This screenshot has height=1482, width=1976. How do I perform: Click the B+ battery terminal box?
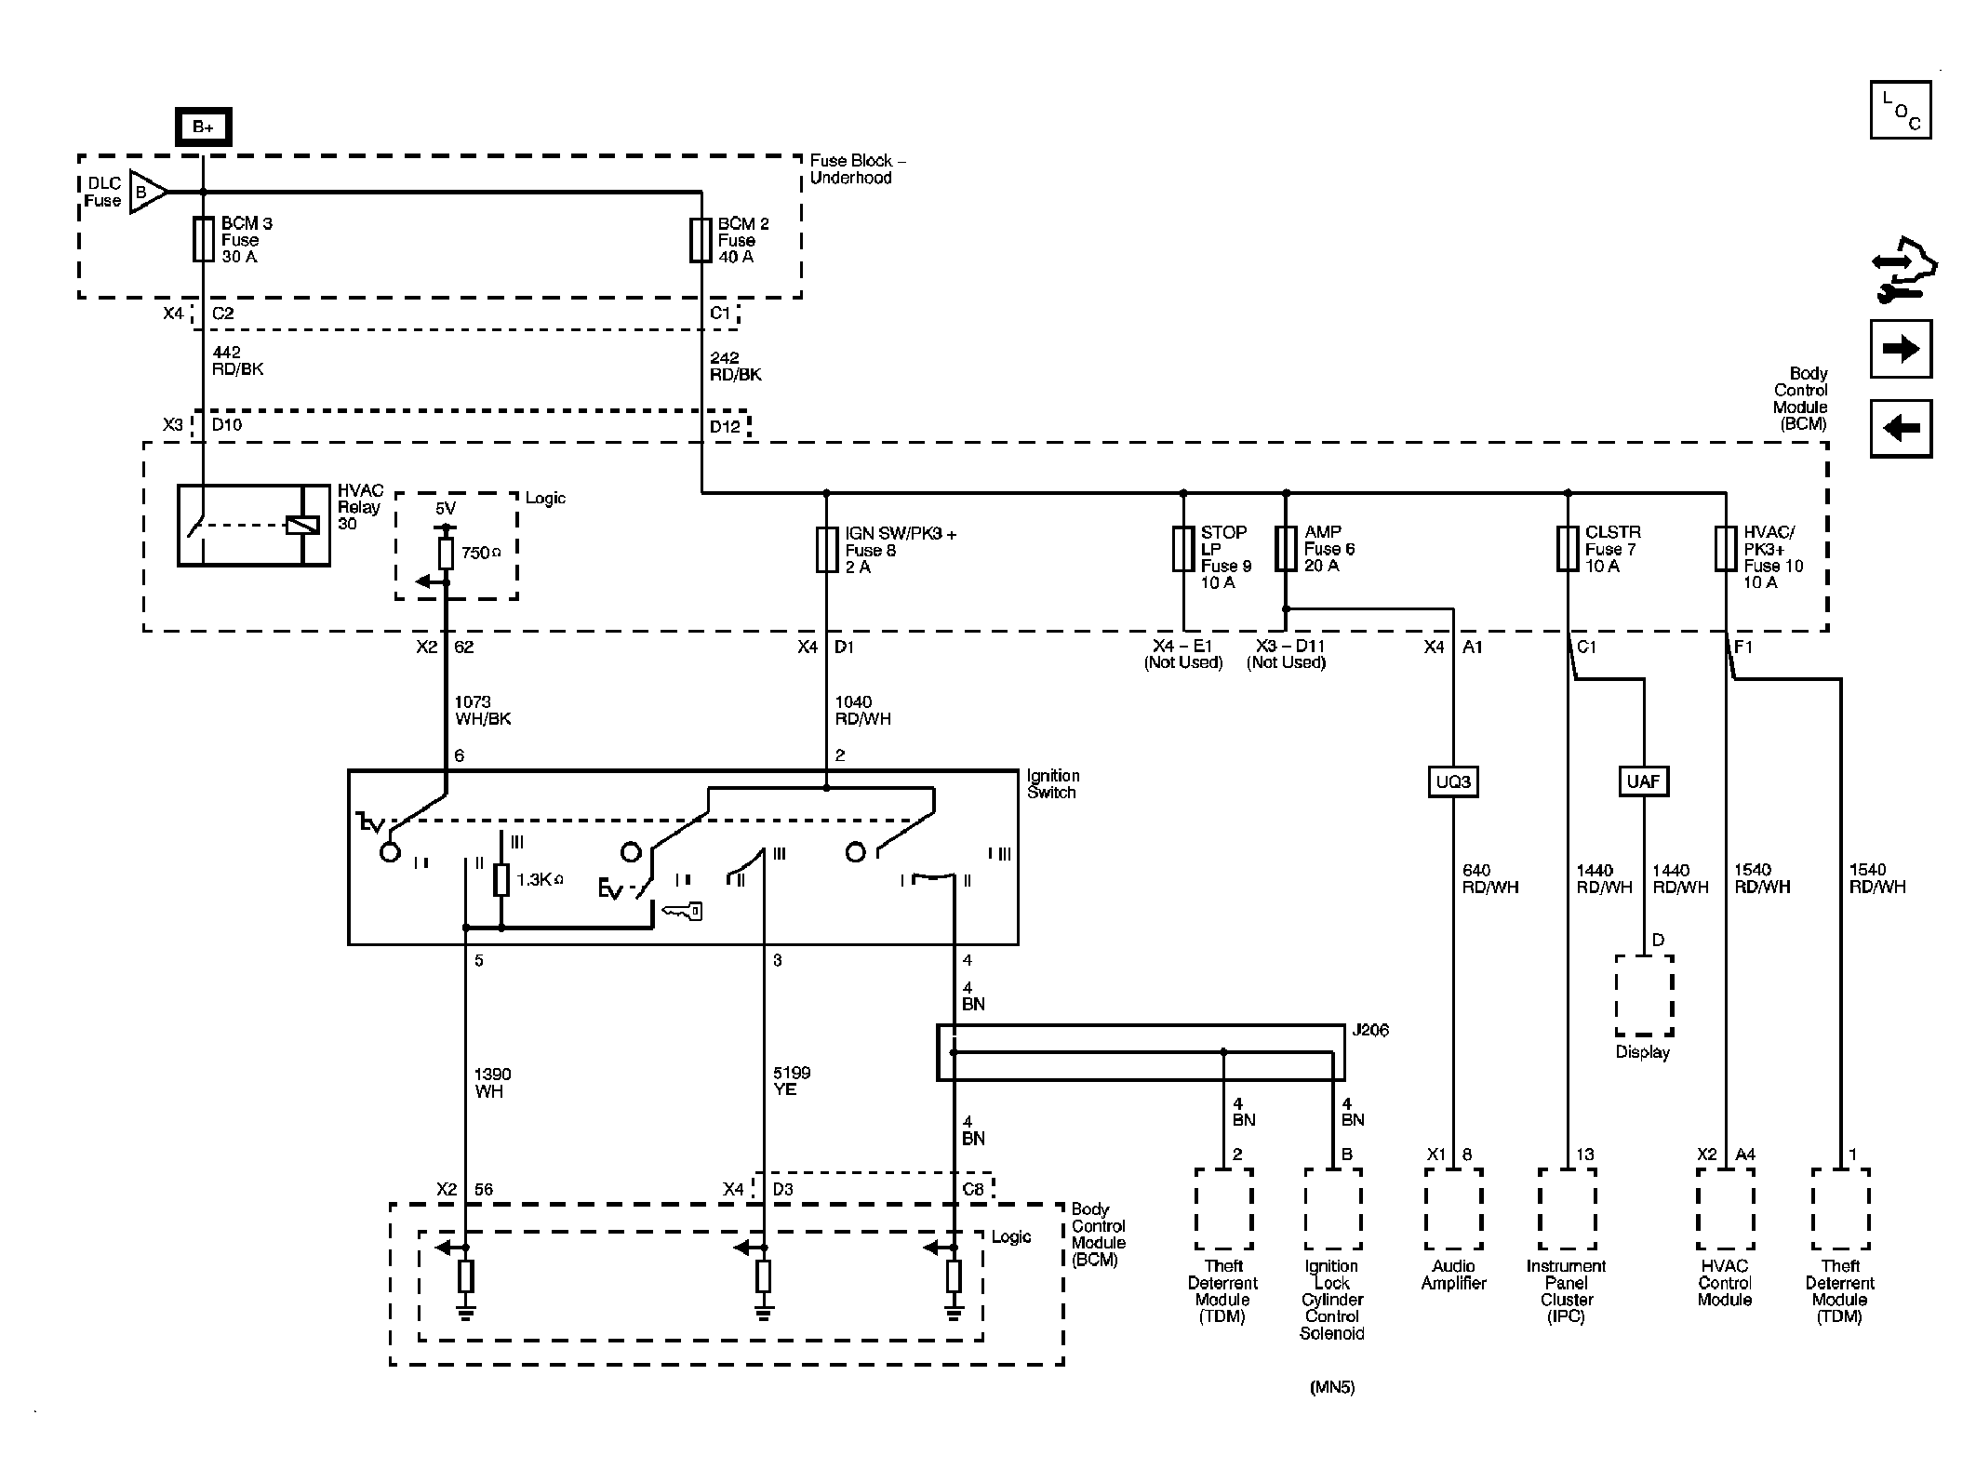coord(204,127)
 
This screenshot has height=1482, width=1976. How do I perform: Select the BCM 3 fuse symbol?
coord(204,240)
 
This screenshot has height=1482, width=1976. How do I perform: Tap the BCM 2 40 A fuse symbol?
coord(701,240)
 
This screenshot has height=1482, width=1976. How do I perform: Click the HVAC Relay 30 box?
coord(254,525)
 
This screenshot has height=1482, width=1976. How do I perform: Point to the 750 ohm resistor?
coord(446,554)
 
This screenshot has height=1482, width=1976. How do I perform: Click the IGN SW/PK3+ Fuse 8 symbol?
coord(826,549)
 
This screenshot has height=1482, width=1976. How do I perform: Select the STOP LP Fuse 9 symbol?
coord(1183,549)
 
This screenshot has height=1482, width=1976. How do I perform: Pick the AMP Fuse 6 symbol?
coord(1286,549)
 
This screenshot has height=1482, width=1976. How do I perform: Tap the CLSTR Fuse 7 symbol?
coord(1568,549)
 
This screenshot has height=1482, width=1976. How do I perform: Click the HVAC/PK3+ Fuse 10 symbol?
coord(1726,549)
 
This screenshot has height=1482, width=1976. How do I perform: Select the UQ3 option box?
coord(1453,781)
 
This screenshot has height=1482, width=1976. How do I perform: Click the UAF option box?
coord(1643,781)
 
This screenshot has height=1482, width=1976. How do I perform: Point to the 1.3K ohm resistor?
coord(501,880)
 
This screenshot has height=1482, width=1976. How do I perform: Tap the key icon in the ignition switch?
coord(682,913)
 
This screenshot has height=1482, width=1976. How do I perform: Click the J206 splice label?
coord(1370,1030)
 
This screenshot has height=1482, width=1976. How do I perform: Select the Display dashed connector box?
coord(1644,995)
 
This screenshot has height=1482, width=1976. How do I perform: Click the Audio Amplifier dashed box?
coord(1453,1209)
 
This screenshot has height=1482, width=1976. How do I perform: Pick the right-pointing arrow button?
coord(1901,349)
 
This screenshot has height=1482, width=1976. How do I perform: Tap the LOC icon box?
coord(1901,110)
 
